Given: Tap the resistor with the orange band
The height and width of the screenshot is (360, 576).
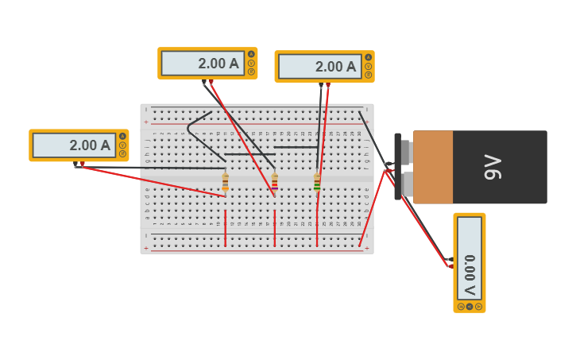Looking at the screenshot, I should (x=226, y=182).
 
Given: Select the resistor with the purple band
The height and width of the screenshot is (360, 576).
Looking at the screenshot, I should (x=275, y=183).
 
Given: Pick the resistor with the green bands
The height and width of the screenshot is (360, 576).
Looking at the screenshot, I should (x=317, y=184).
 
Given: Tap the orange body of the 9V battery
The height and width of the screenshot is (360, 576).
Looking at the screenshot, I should (x=433, y=168).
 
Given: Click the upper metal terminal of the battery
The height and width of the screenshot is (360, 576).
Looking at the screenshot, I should (x=406, y=150).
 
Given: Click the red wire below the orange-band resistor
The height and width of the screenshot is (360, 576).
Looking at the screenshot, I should (x=226, y=228).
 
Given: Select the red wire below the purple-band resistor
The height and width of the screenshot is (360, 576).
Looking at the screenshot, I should (x=275, y=228).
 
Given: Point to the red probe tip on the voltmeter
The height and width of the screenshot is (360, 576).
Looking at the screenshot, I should (x=450, y=266).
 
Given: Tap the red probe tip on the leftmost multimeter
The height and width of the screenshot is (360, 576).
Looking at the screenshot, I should (x=83, y=165).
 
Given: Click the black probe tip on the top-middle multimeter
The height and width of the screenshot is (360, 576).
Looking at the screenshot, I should (x=204, y=82).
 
